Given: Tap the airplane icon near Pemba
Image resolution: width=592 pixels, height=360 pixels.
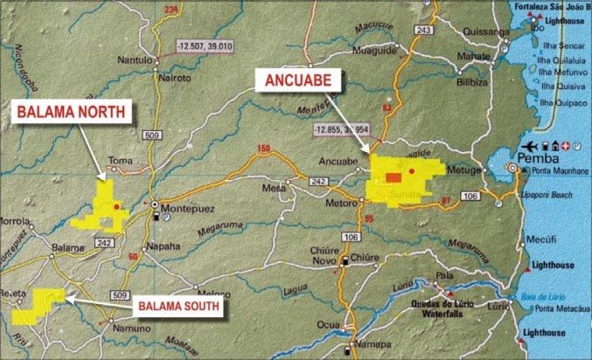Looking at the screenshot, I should [530, 144].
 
